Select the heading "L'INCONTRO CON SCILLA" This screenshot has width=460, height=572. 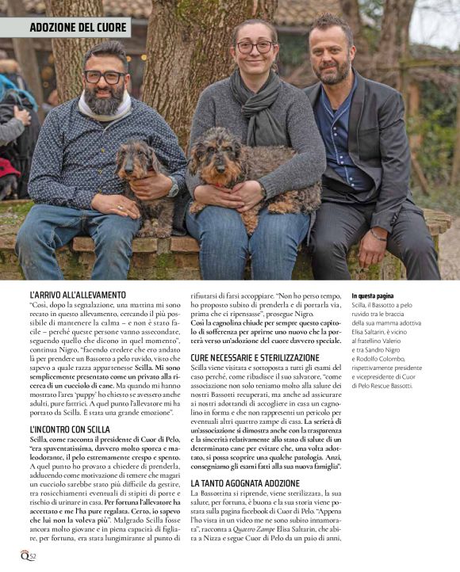point(71,429)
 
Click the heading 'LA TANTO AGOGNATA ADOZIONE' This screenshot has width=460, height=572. point(247,482)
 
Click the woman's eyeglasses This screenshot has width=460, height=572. point(254,48)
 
